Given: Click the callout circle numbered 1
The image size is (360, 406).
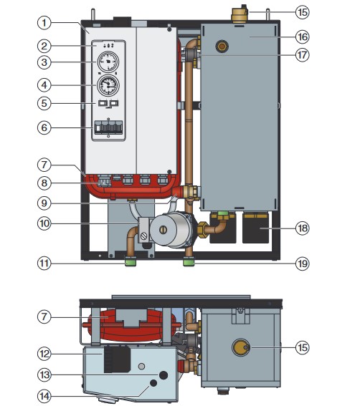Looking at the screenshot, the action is (x=44, y=23).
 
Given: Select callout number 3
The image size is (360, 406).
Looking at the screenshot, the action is (x=44, y=62).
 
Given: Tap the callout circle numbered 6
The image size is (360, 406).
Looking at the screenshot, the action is (x=44, y=127).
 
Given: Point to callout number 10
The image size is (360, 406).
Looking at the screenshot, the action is (x=44, y=223).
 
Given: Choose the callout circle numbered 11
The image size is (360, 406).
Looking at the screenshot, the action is (x=44, y=264).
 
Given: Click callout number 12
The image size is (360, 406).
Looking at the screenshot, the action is (x=44, y=354).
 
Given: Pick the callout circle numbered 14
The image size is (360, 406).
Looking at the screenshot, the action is (x=44, y=396).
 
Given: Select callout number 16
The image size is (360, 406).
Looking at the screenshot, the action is (x=303, y=37).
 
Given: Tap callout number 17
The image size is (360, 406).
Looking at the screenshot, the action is (x=303, y=55).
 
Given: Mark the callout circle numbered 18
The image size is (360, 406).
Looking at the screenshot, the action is (x=303, y=228).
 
